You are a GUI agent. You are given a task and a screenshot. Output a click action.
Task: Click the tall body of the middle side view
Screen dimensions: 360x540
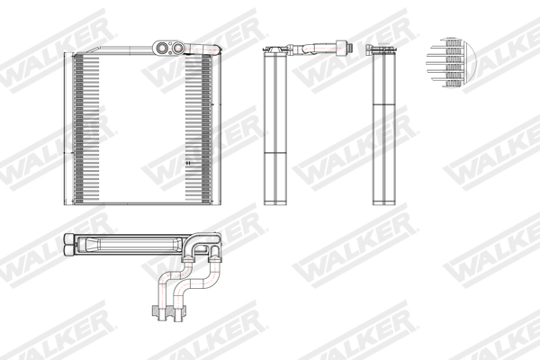coord(274,126)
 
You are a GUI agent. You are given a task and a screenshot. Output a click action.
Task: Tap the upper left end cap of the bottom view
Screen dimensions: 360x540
coord(69,238)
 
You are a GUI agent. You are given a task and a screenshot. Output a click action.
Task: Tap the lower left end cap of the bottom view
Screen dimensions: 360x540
coord(69,252)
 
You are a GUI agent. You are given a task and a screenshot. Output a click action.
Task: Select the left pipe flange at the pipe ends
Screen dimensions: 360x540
coord(154,312)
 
